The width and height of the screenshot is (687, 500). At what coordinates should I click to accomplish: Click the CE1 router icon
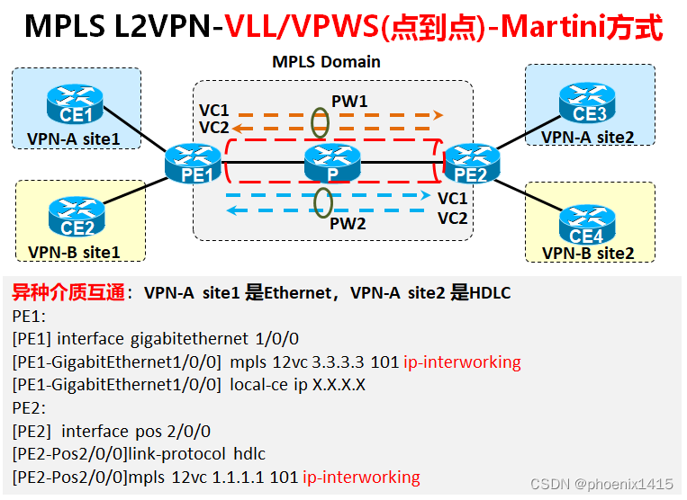tap(77, 104)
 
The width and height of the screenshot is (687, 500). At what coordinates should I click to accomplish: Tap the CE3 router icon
tap(589, 103)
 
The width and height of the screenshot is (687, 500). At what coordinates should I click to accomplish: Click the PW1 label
tap(349, 102)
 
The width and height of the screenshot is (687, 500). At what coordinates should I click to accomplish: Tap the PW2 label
tap(348, 224)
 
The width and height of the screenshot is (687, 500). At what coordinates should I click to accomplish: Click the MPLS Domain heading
tap(326, 62)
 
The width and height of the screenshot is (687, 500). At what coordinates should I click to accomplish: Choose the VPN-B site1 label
tap(74, 252)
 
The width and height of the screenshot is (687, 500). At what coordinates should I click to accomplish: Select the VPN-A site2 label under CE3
tap(588, 137)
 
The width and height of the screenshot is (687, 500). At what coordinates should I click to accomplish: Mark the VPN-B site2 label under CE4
tap(588, 254)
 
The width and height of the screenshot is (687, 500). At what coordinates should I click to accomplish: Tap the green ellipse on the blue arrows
tap(322, 201)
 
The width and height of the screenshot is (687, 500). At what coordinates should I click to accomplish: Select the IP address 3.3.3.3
tap(338, 362)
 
